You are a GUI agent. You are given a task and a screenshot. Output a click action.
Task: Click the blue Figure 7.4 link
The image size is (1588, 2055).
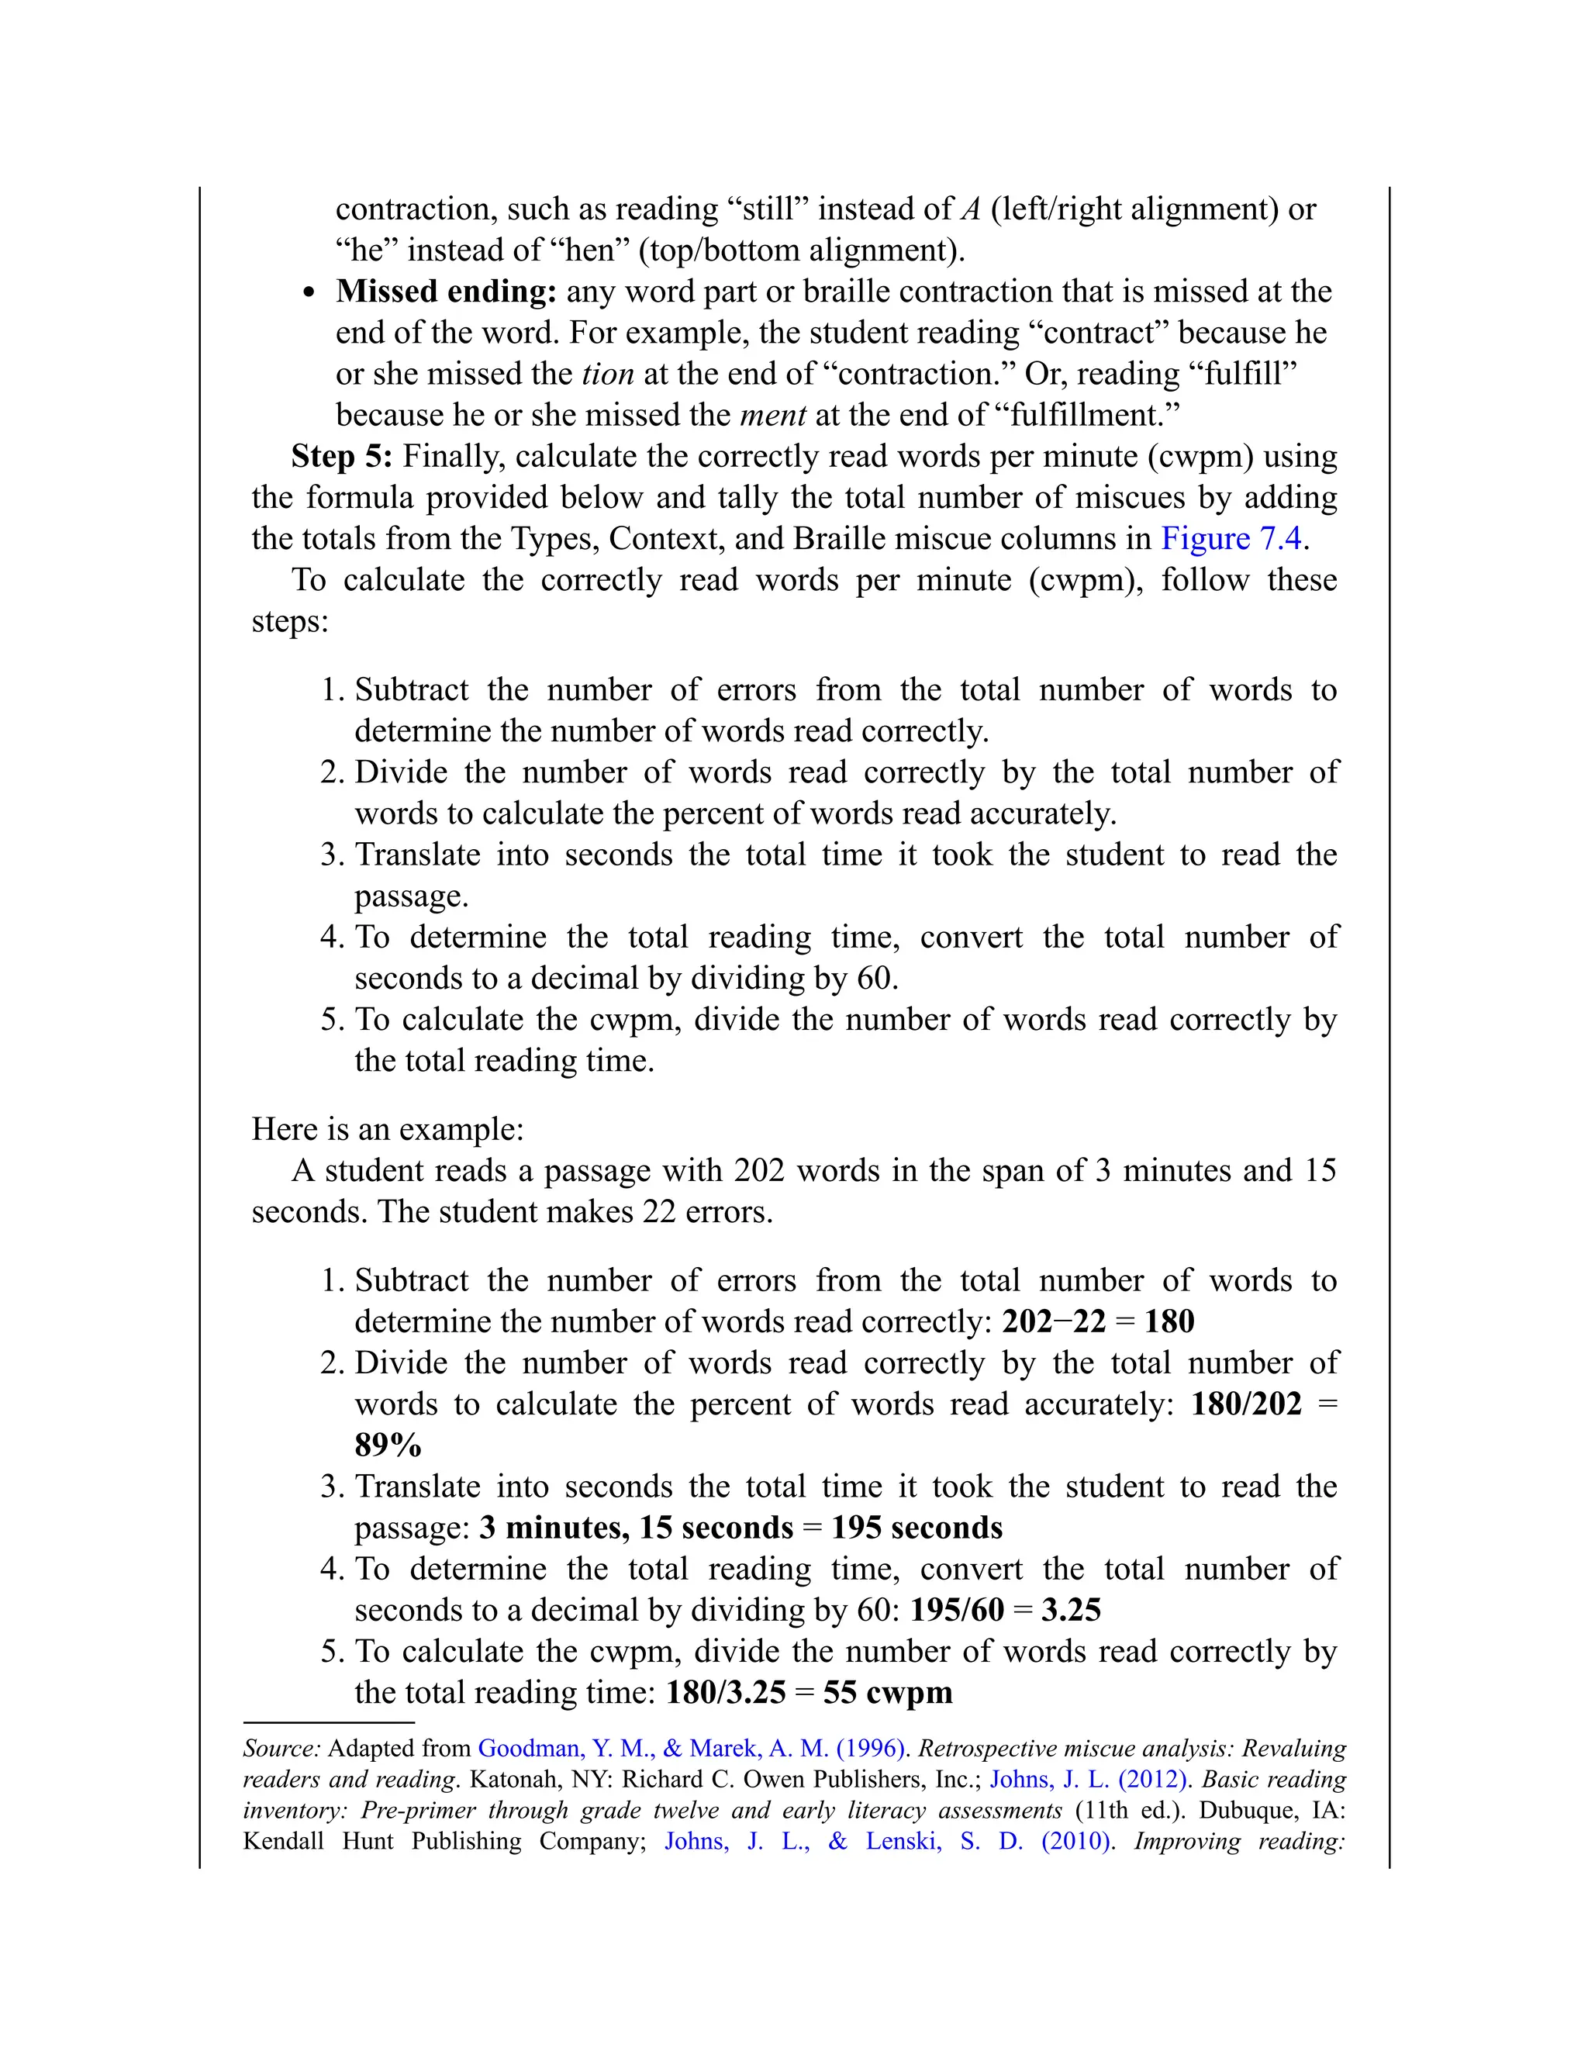1231,538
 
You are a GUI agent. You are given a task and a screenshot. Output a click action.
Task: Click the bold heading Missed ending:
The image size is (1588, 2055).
447,292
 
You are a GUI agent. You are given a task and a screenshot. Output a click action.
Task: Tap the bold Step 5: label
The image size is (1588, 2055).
341,456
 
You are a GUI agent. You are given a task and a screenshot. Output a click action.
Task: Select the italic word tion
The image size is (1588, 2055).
608,375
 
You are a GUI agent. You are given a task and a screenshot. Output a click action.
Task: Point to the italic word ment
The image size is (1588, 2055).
772,415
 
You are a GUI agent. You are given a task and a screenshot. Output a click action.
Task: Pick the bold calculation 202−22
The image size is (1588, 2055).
1053,1322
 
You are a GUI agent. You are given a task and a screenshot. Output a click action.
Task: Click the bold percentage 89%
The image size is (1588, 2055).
388,1445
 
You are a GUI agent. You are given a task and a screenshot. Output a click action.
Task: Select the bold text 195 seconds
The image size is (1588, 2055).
917,1527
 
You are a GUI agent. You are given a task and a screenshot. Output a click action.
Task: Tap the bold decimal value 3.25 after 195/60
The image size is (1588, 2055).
1071,1610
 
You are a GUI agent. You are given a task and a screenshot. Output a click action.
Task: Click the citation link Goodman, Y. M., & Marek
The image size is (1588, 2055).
691,1748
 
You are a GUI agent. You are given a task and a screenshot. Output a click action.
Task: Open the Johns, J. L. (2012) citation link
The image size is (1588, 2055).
1089,1779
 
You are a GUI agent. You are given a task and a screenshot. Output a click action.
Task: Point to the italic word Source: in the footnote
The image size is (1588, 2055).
281,1748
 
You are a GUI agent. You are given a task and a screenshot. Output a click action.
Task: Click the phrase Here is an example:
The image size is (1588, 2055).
388,1129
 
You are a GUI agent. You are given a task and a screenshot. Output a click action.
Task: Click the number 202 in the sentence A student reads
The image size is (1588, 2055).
760,1170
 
